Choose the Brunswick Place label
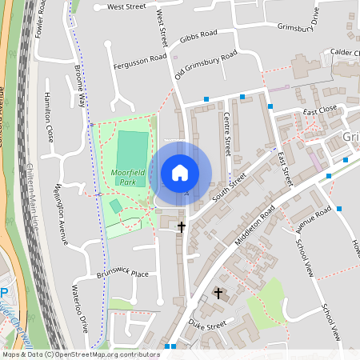tap(123, 274)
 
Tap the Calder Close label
tap(345, 53)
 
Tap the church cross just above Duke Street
tap(218, 294)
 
